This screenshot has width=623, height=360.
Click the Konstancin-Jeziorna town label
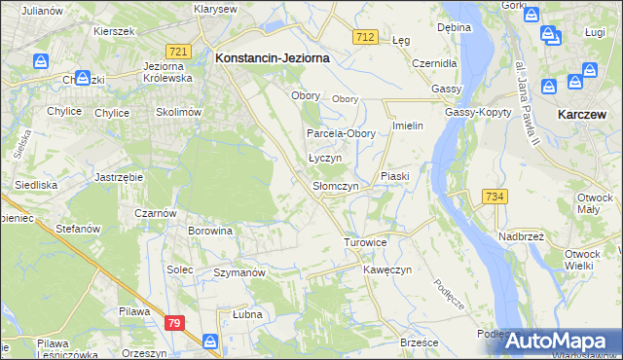point(272,58)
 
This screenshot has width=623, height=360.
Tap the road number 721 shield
point(177,51)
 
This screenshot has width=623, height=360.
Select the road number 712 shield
point(365,36)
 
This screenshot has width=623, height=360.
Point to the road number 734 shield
point(495,197)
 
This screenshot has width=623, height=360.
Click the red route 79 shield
point(174,323)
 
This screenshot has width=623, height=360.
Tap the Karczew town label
point(584,114)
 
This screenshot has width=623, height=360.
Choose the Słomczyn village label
point(336,186)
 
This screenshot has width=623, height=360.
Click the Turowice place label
point(366,242)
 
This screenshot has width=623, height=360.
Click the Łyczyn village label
point(324,158)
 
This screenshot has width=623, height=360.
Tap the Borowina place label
point(211,232)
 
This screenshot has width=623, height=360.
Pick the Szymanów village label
point(239,273)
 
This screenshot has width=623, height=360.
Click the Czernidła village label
point(434,62)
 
